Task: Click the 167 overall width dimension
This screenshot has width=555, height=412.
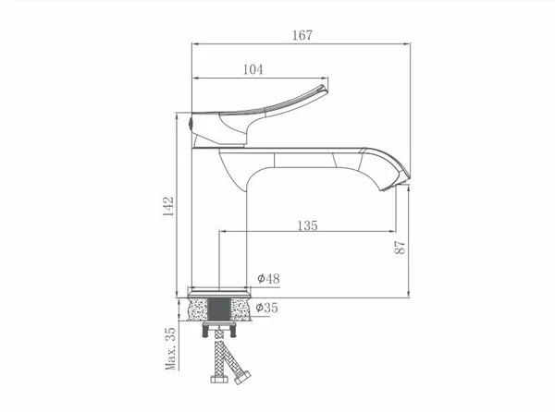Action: click(x=302, y=35)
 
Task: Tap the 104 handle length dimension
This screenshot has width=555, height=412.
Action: click(x=253, y=69)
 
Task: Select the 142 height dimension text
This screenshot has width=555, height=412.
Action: click(x=168, y=207)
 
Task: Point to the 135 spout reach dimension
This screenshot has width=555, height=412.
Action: click(x=308, y=225)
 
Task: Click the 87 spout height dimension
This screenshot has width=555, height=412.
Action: click(x=400, y=248)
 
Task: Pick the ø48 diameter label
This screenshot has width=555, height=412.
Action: click(x=268, y=278)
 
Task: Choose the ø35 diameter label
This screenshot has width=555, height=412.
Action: click(x=267, y=308)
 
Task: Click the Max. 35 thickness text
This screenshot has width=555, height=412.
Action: click(x=170, y=348)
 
